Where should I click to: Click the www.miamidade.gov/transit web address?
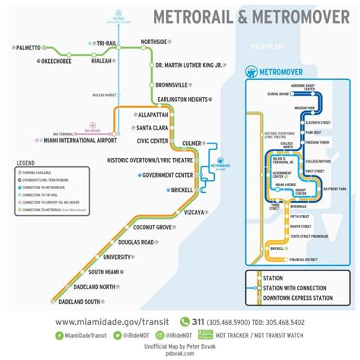click(x=115, y=321)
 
